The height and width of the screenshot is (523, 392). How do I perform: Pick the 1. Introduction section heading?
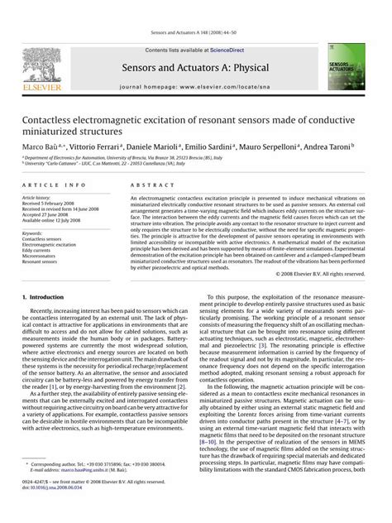[x=46, y=296]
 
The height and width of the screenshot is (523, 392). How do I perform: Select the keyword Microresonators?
[x=41, y=257]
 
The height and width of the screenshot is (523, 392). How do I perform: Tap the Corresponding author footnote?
[x=91, y=489]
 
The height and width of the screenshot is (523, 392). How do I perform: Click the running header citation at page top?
[x=195, y=33]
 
